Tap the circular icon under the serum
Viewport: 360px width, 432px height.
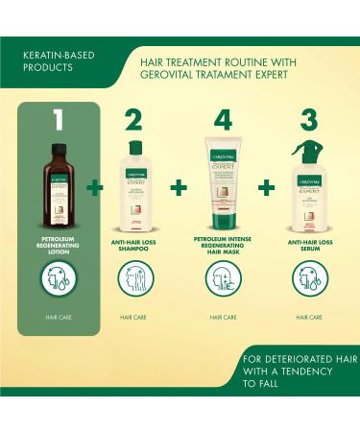click(x=309, y=281)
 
